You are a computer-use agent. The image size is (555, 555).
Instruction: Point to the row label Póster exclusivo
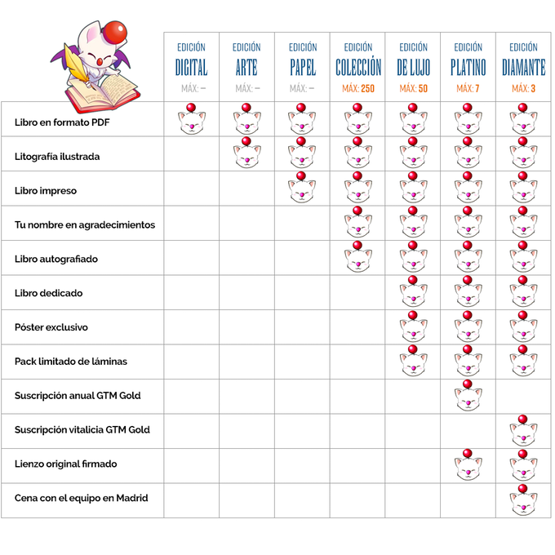coord(51,327)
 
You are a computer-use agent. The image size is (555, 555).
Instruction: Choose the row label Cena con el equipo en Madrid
coord(82,498)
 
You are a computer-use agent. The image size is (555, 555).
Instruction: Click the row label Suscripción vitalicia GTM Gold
coord(82,429)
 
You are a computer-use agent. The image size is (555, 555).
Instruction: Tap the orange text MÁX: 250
coord(357,88)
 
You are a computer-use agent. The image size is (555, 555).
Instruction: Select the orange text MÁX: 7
coord(468,88)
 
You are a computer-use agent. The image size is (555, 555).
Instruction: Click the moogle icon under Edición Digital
coord(191,121)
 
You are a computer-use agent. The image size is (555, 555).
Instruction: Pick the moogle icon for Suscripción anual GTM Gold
coord(468,396)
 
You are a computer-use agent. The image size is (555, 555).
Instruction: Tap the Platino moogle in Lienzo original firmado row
coord(468,464)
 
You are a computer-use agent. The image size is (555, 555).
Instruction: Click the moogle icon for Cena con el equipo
coord(522,499)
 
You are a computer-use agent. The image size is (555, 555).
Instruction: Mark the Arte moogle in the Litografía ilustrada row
coord(246,155)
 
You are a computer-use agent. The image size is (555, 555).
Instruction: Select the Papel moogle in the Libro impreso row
coord(301,189)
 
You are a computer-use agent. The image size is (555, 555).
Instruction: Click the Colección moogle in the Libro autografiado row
coord(357,258)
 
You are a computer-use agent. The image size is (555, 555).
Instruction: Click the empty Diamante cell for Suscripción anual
coord(522,396)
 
